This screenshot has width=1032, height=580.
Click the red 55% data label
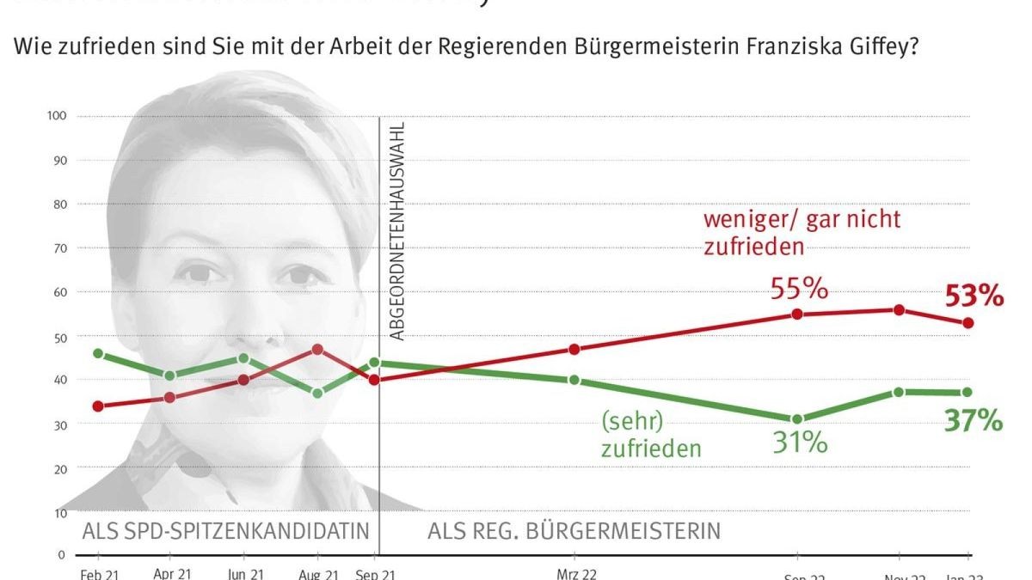799,290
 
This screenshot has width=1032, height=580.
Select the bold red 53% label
974,297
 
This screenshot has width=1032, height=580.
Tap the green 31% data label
799,443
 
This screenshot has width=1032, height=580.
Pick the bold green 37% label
974,421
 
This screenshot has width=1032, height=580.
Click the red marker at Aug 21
317,350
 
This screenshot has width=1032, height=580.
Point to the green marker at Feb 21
98,354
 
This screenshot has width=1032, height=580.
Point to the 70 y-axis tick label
60,248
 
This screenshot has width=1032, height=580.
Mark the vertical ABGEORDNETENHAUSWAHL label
396,232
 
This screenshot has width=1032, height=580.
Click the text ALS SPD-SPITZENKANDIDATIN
225,530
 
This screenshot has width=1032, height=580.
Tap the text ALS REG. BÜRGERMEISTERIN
574,530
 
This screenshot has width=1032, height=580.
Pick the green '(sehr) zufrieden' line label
651,435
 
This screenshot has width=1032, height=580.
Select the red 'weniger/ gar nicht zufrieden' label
802,232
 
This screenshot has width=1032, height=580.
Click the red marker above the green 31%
797,314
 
